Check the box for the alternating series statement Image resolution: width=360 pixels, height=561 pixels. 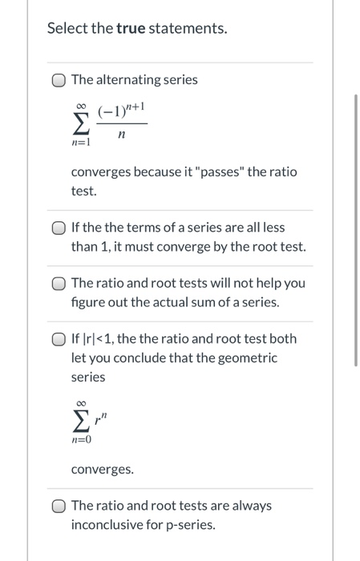[59, 80]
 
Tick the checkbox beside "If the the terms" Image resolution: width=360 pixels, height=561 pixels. [59, 228]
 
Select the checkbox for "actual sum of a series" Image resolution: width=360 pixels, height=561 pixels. [59, 284]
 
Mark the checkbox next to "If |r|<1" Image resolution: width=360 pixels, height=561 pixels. [59, 339]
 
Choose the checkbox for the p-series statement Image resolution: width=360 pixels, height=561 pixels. [59, 506]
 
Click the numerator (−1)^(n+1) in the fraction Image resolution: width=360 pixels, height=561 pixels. [121, 113]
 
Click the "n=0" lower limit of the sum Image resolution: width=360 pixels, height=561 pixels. [81, 440]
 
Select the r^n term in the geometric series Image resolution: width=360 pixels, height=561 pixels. [102, 418]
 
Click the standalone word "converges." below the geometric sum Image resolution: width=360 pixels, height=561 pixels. [102, 470]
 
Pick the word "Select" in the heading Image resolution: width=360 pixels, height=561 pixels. [67, 29]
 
